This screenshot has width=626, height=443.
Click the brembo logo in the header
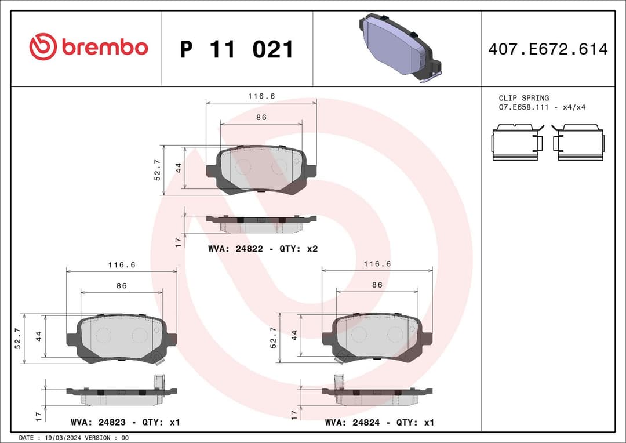coord(89,47)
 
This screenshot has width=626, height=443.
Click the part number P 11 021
coord(236,49)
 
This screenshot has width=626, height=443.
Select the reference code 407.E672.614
coord(548,49)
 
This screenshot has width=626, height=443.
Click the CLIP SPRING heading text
coord(523,98)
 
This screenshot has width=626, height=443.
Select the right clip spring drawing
coord(579,143)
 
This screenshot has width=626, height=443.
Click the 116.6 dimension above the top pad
coord(261,96)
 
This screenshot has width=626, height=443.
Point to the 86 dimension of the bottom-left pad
coord(121,285)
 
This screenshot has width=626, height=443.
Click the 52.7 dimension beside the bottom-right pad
coord(274,337)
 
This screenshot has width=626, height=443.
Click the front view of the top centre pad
coord(261,169)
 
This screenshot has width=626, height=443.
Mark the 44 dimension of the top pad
coord(179,168)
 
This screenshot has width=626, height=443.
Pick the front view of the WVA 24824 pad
coord(377,337)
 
